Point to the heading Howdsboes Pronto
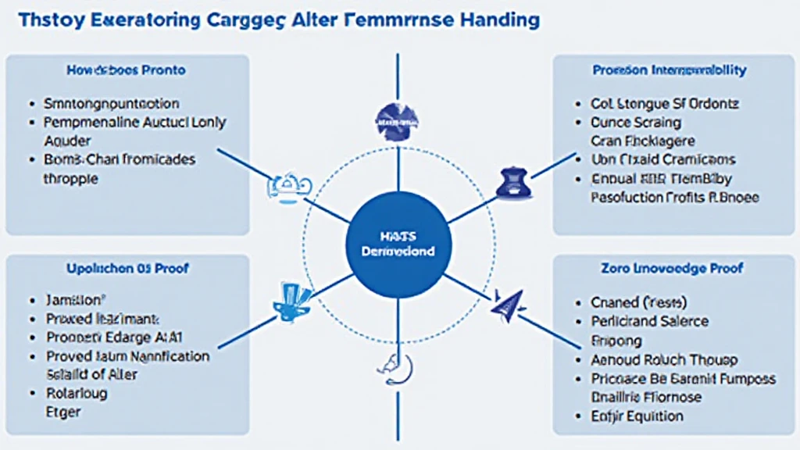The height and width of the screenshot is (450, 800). point(126,70)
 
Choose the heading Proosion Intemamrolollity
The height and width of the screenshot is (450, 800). point(670,70)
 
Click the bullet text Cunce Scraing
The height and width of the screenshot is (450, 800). point(635,123)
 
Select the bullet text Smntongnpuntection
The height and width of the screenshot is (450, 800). point(112,104)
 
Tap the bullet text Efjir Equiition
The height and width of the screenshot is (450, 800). point(637,416)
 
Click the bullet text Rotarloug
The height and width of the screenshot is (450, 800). point(77,393)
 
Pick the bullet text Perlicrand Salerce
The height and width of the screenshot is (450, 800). point(650,321)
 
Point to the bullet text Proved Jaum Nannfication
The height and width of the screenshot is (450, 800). point(128,356)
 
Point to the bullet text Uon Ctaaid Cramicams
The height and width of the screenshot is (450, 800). point(664,159)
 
